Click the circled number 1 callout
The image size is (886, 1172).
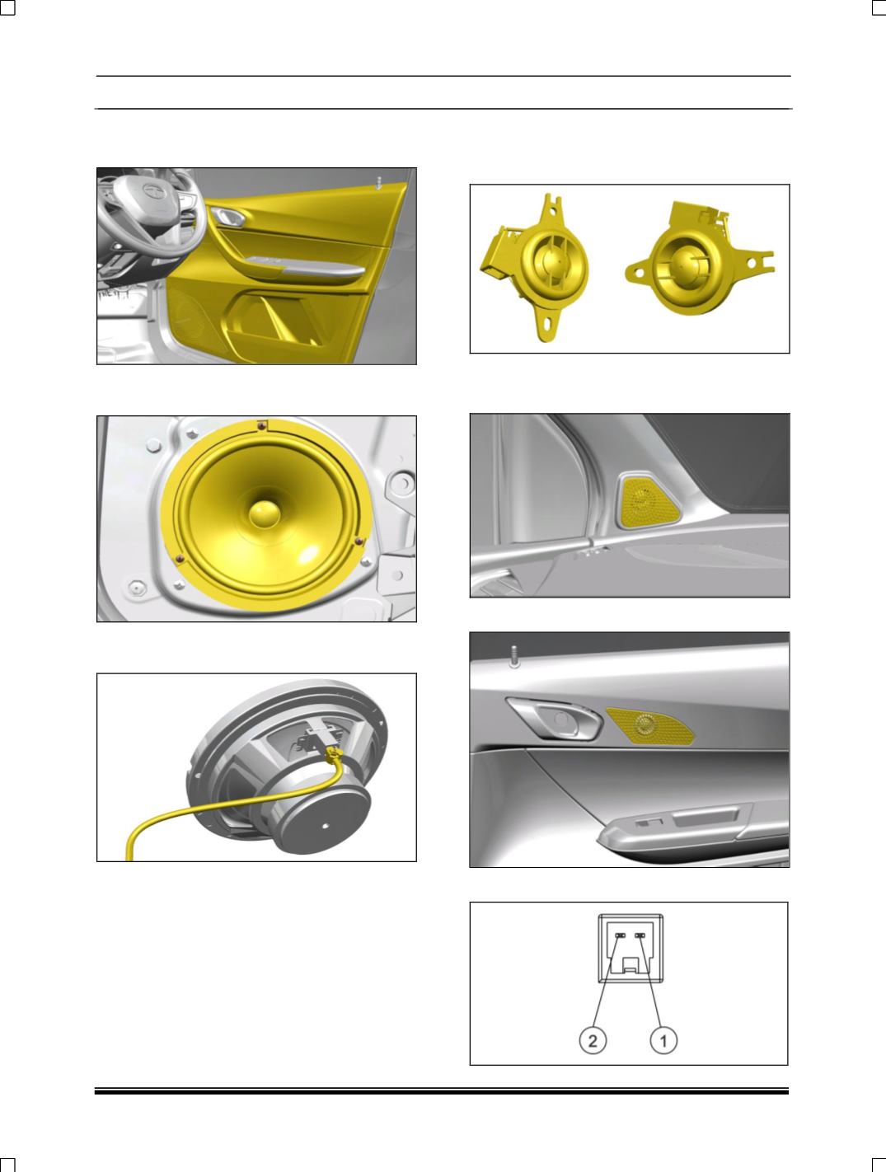[x=663, y=1041]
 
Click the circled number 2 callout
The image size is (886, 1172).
[x=593, y=1041]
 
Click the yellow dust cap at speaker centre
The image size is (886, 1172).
[x=265, y=513]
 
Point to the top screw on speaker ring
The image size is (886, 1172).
[x=261, y=425]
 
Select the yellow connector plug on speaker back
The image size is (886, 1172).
[x=334, y=753]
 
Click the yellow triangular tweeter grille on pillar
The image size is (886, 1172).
[x=648, y=501]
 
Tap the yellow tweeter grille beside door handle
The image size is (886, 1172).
[x=650, y=725]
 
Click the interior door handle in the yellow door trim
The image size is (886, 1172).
[x=228, y=216]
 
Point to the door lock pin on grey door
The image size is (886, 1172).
[x=514, y=656]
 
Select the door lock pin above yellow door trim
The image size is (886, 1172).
[x=378, y=183]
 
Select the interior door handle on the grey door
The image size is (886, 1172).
[x=555, y=719]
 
